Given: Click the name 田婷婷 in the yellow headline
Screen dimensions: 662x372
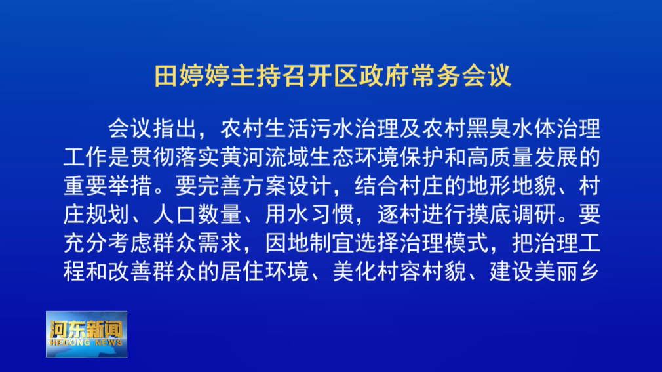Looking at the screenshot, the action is [192, 76].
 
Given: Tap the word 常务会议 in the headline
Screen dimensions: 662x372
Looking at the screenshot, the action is [461, 76].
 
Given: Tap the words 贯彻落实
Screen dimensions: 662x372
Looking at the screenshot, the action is [175, 157].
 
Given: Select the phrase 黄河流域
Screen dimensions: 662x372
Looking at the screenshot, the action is [265, 157].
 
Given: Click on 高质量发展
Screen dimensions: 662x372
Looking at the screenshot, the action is [522, 157].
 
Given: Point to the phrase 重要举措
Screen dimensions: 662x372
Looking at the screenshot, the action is [107, 186].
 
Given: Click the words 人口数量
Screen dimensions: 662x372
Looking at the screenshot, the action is [197, 215].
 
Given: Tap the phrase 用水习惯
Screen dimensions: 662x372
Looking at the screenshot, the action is [309, 215].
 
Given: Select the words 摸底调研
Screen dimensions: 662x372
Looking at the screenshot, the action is [511, 215].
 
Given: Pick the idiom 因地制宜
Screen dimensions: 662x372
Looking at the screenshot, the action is [309, 243].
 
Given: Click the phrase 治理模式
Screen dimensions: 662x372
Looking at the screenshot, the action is [444, 243].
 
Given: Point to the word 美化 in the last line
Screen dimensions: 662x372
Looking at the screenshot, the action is [355, 272].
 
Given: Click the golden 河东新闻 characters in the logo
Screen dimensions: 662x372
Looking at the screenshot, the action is [86, 329].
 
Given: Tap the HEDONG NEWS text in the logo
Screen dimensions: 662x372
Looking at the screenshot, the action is [86, 342].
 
